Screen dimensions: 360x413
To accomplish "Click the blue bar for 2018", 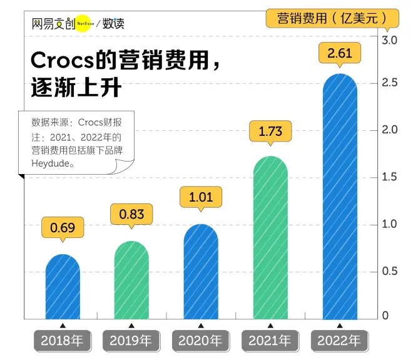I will coord(63,288).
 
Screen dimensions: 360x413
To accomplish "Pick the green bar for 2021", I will coord(270,238).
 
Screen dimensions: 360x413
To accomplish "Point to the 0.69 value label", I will coord(63,228).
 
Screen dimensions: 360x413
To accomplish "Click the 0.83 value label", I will coord(131,214).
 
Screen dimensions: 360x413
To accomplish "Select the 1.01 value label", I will coord(201,198).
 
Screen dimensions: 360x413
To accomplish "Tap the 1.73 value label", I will coord(270,131).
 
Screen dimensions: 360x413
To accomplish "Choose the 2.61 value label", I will coord(340,53).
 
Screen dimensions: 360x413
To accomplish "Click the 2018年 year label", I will coord(62,341).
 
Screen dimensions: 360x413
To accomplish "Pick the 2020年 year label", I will coord(200,341).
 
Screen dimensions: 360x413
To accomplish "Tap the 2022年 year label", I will coord(339,341).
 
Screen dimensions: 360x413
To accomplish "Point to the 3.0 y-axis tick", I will coord(390,40).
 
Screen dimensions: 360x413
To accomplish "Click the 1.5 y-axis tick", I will coord(390,177).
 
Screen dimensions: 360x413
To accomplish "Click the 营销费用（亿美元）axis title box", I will coord(332,18).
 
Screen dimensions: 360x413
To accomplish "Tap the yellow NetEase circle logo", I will coord(84,24).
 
